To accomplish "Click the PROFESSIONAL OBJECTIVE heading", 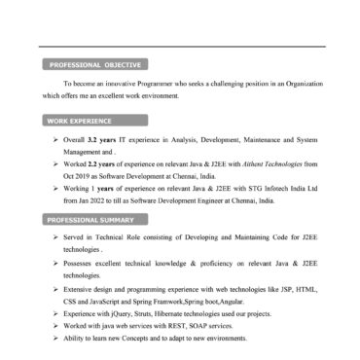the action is coord(95,66).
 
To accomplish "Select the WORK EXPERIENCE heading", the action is coord(83,122).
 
